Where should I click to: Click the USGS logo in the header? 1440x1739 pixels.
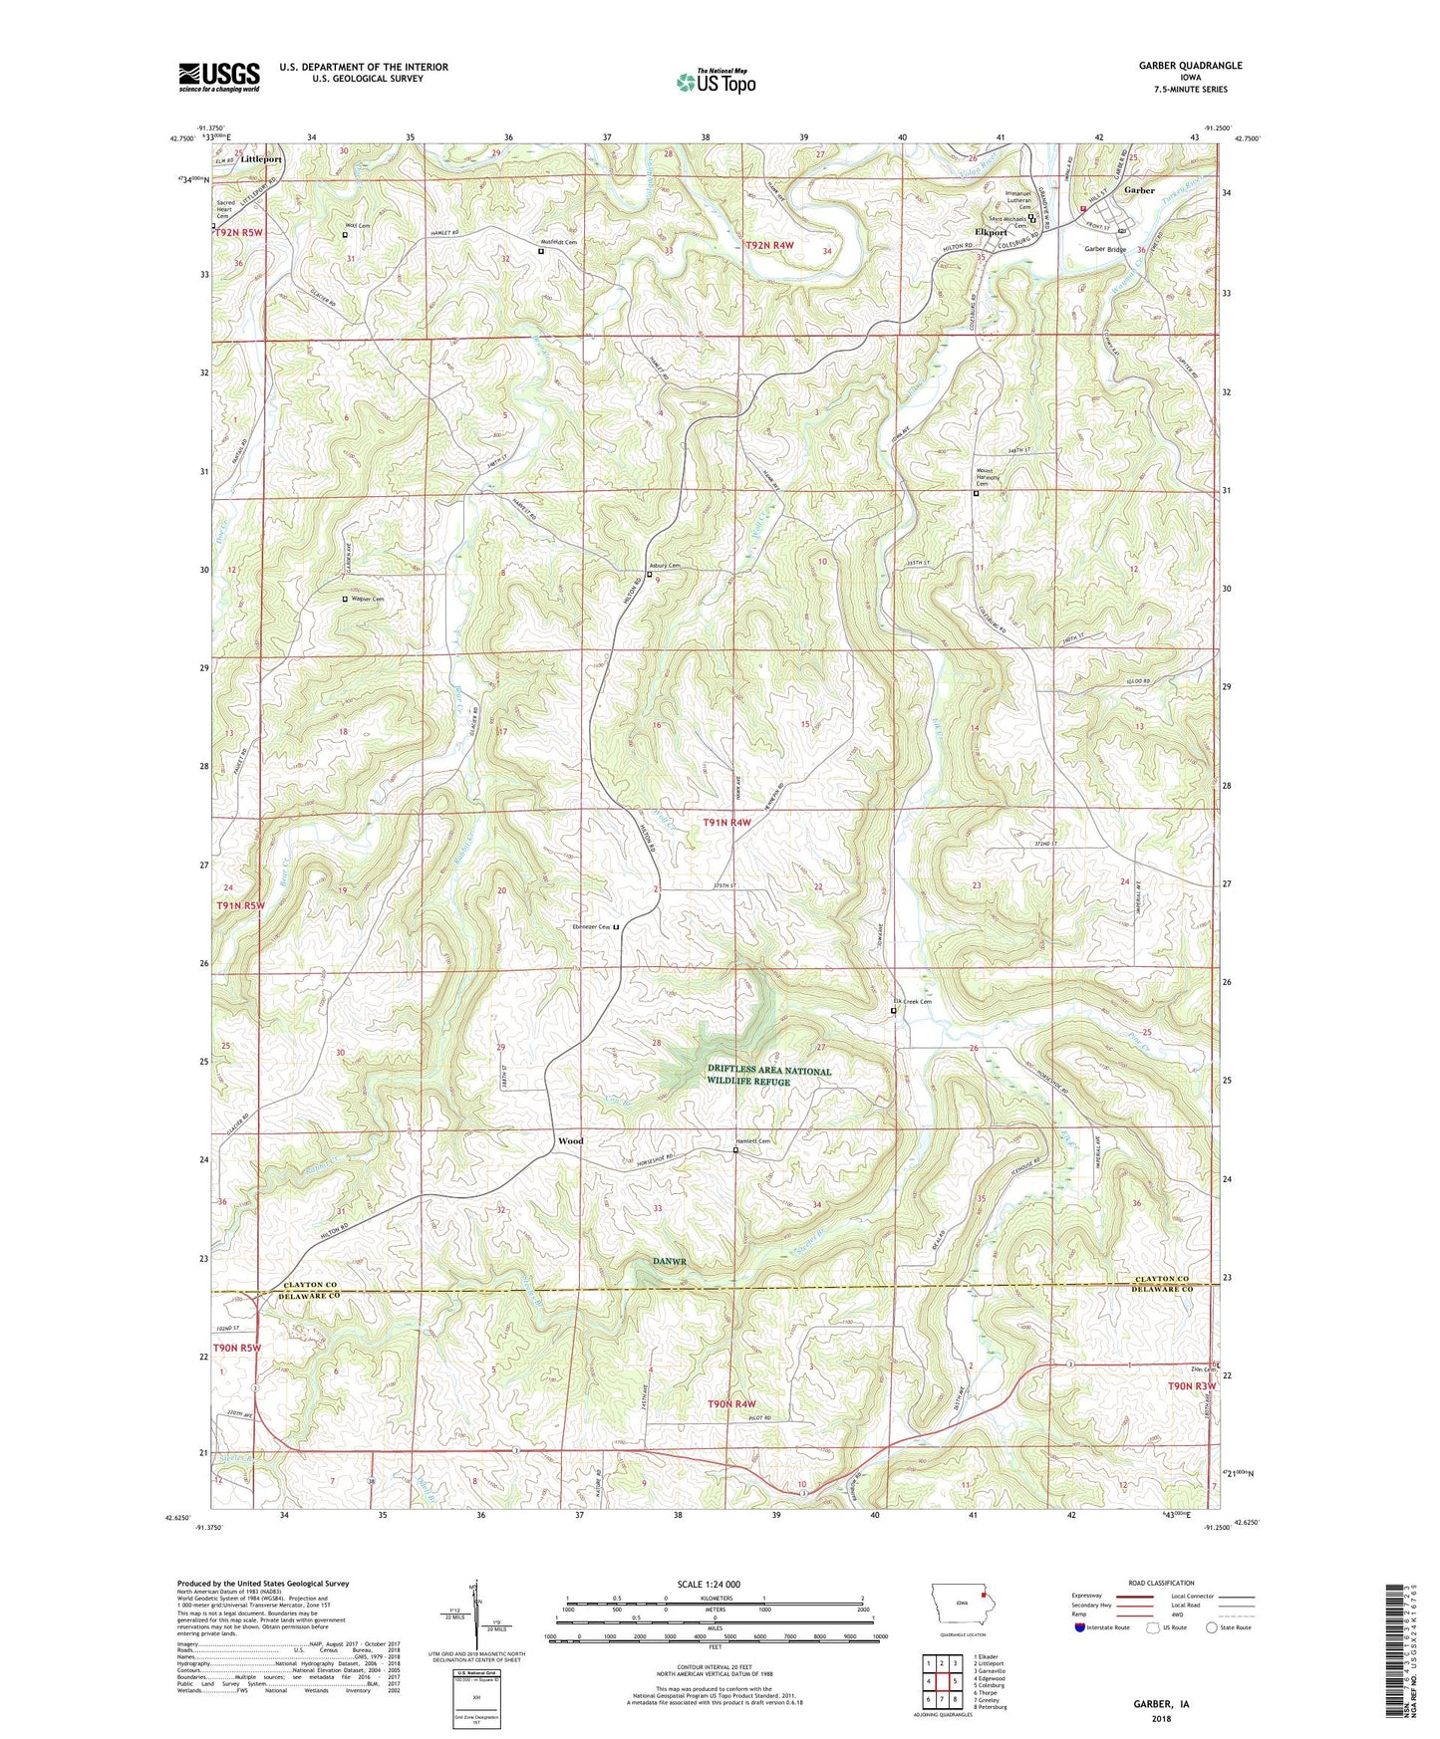219,77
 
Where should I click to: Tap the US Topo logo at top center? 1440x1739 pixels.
716,82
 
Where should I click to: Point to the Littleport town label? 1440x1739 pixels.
261,159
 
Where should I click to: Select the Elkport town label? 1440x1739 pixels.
992,232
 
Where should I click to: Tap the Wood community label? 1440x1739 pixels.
570,1140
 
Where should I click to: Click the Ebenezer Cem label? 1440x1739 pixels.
589,926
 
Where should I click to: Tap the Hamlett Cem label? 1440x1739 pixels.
753,1141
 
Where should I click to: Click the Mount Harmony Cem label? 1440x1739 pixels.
976,479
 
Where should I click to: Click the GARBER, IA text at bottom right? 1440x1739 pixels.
1161,1703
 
